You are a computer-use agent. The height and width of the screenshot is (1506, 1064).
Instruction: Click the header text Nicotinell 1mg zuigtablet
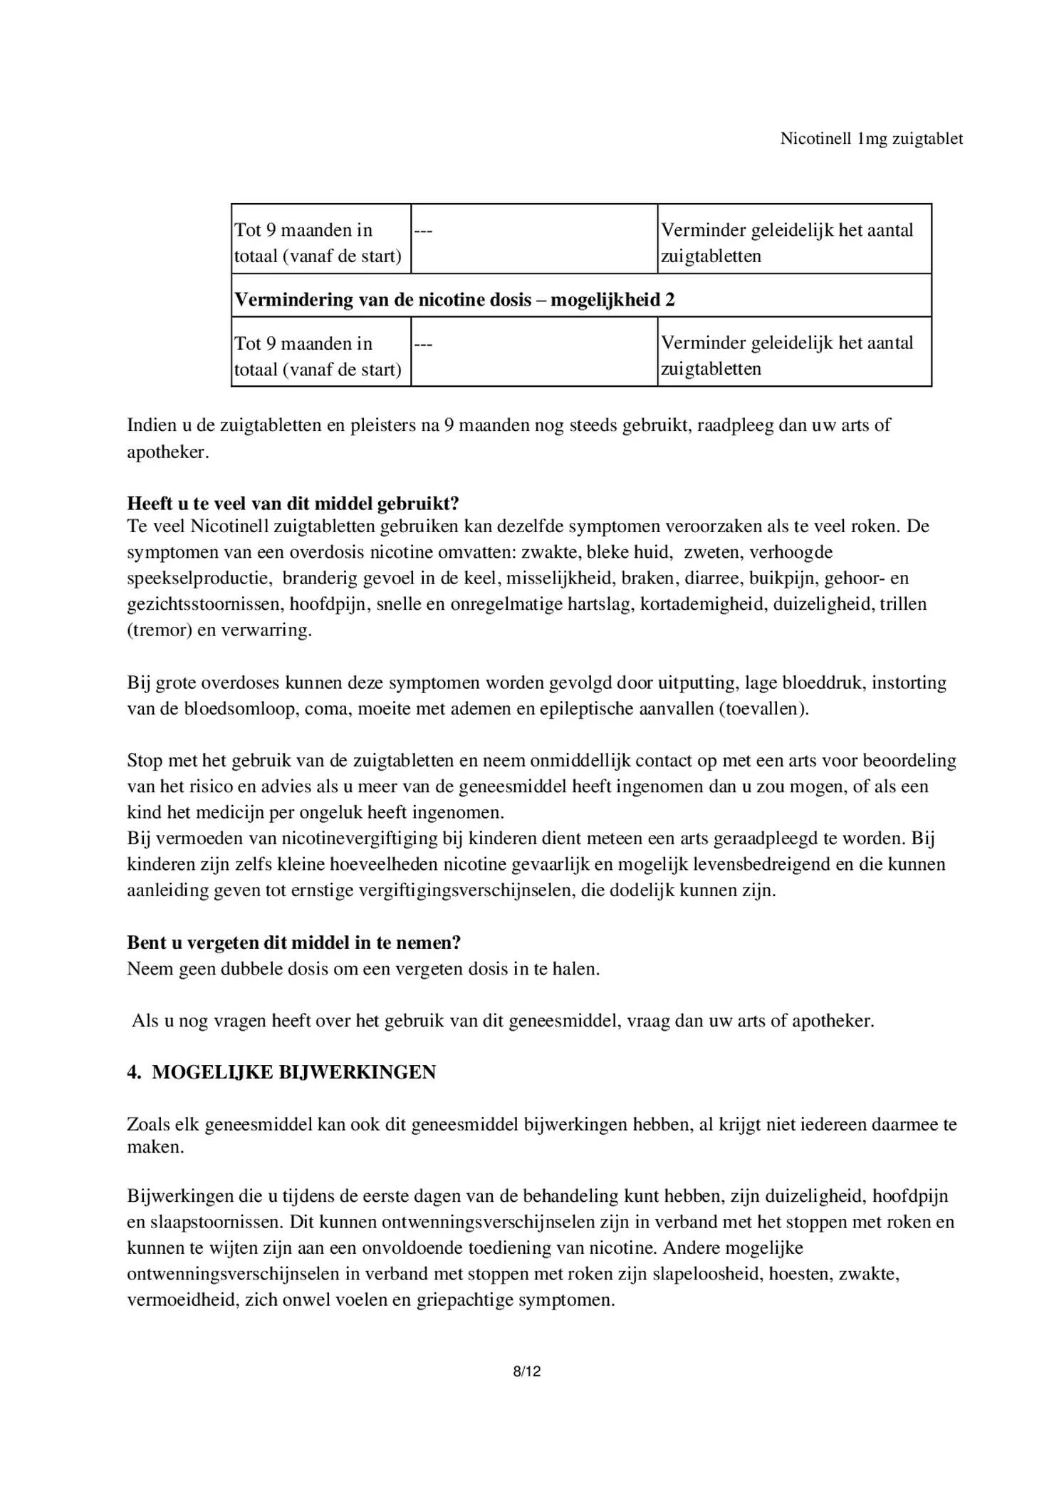pyautogui.click(x=871, y=139)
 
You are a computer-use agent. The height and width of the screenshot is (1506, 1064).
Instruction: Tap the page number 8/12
pyautogui.click(x=527, y=1371)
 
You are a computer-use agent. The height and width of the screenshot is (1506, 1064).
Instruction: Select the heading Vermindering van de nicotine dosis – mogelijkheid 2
pyautogui.click(x=454, y=299)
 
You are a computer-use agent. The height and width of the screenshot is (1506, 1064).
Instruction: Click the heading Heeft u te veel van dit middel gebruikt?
pyautogui.click(x=293, y=503)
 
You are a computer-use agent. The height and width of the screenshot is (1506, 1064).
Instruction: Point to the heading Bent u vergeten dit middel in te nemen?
pyautogui.click(x=293, y=942)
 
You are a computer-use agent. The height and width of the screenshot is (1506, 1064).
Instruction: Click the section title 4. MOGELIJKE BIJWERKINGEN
pyautogui.click(x=281, y=1072)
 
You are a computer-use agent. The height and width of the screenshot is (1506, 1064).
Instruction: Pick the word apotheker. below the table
pyautogui.click(x=168, y=452)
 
